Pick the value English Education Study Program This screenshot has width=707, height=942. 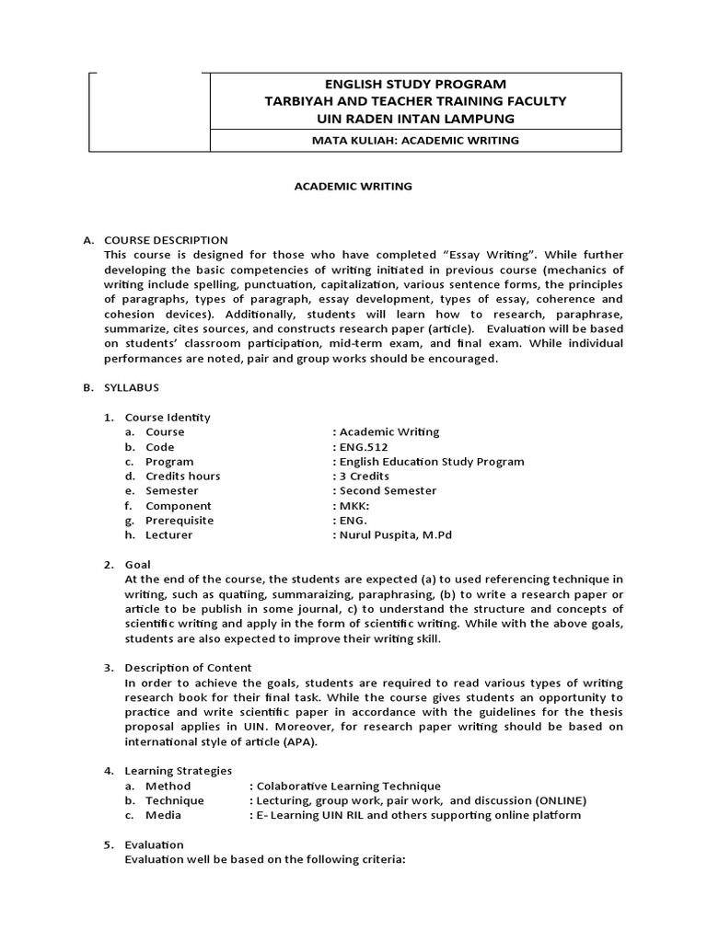[429, 461]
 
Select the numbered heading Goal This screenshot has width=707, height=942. [138, 564]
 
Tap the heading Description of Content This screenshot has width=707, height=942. [188, 667]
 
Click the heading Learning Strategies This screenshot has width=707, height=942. [179, 770]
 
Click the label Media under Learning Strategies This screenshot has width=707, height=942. [163, 815]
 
